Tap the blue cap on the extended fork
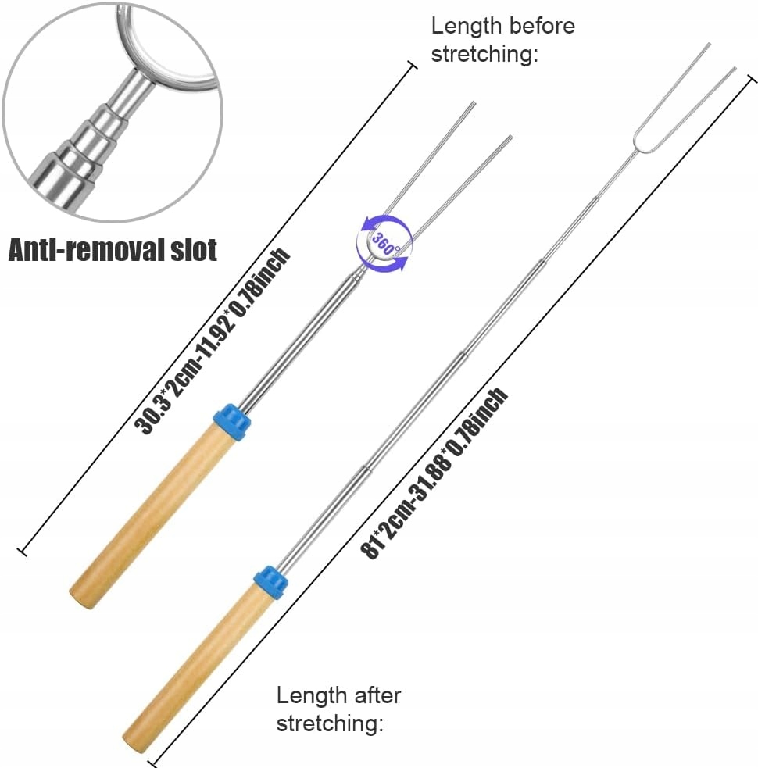pos(271,582)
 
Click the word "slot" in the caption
pos(188,250)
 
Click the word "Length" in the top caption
pos(467,26)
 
